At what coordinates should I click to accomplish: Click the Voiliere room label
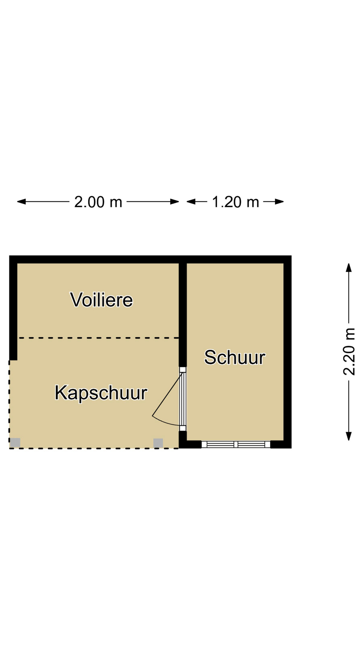click(x=102, y=300)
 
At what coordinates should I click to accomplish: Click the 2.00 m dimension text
click(x=98, y=202)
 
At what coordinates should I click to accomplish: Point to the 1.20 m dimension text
click(x=235, y=202)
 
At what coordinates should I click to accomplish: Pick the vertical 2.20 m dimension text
click(x=349, y=351)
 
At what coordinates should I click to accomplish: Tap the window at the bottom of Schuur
click(x=236, y=444)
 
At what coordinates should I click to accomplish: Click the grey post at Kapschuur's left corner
click(x=15, y=443)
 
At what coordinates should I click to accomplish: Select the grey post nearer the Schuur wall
click(x=158, y=443)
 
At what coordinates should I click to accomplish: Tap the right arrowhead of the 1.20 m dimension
click(x=280, y=202)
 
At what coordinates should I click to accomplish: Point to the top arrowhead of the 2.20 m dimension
click(x=349, y=267)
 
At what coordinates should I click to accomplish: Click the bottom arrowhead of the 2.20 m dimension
click(x=349, y=436)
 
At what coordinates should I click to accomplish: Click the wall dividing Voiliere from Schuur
click(x=183, y=312)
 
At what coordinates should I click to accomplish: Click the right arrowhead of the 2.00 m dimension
click(x=175, y=202)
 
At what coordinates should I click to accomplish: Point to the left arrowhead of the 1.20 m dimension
click(x=191, y=202)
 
